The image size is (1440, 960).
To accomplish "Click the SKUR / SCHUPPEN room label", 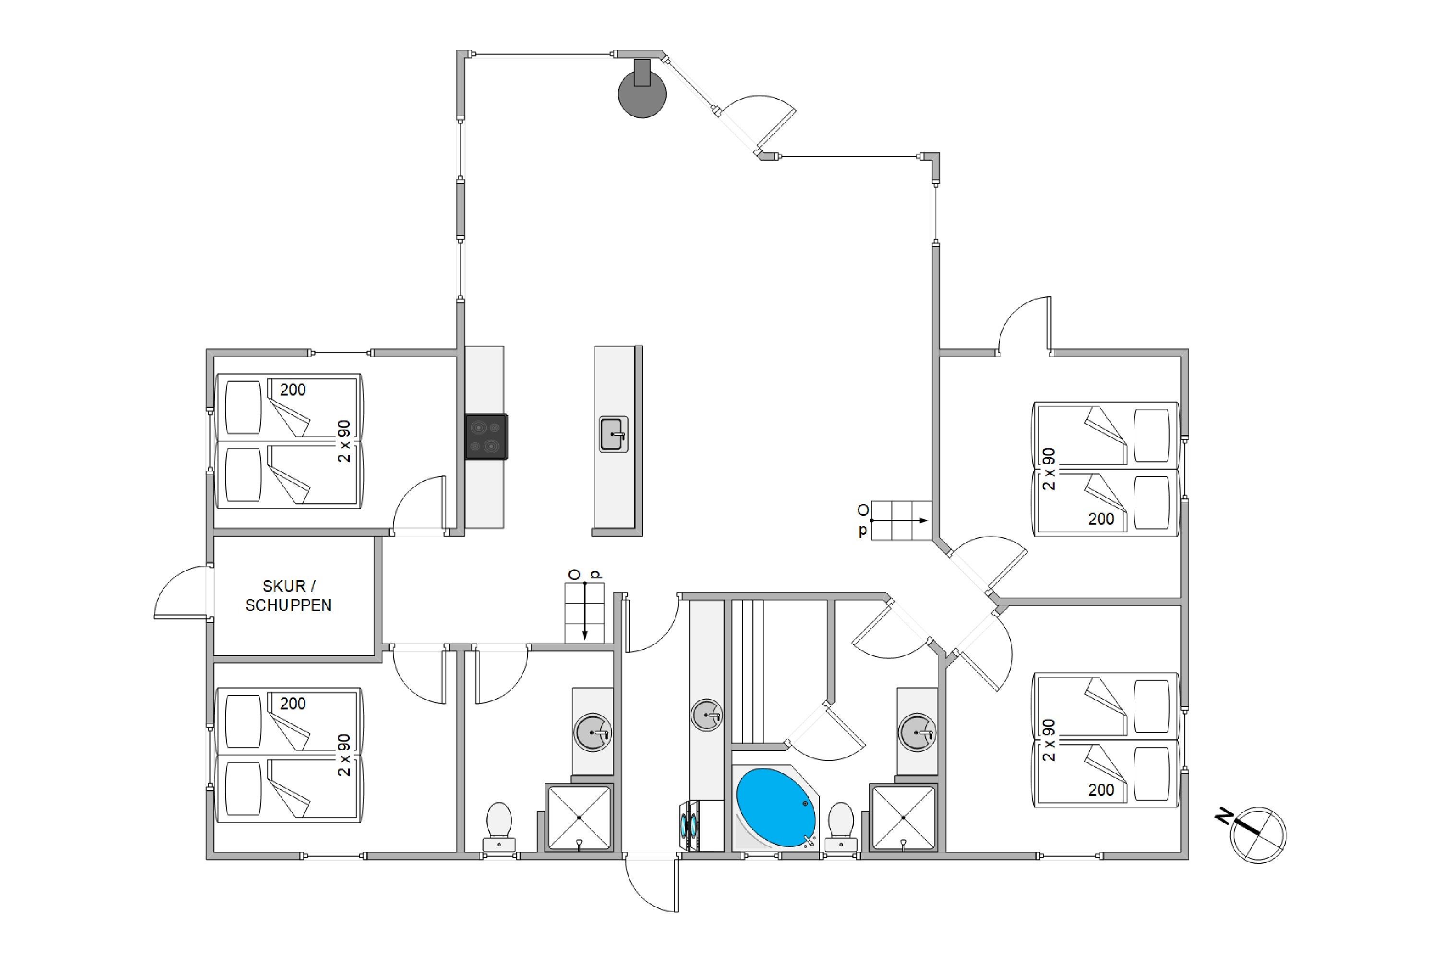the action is click(288, 595).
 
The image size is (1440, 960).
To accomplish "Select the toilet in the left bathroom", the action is click(499, 827).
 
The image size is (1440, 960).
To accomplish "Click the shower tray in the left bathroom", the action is click(578, 818).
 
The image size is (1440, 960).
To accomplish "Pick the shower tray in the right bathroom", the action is click(903, 818).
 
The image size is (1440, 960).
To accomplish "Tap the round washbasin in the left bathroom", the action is click(593, 732).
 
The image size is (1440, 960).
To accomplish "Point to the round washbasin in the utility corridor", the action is click(707, 715).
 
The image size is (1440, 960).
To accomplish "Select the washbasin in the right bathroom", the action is click(917, 732).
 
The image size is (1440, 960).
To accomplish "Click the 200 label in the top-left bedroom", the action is click(293, 389).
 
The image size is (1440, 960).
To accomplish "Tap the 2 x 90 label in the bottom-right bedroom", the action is click(1049, 740).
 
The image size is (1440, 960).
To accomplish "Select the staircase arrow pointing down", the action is click(585, 611).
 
